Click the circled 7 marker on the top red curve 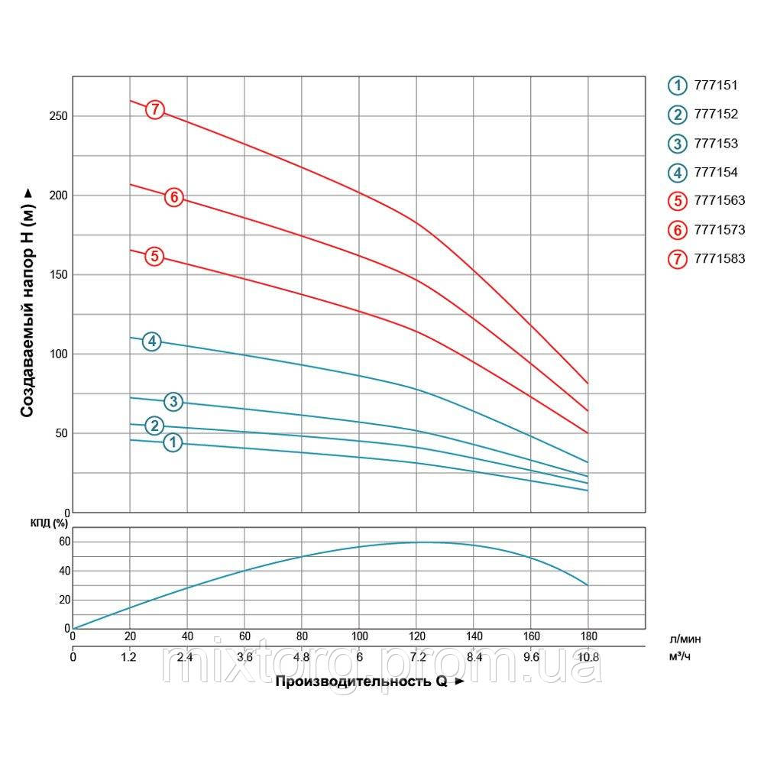pyautogui.click(x=155, y=109)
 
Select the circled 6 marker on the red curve pyautogui.click(x=174, y=197)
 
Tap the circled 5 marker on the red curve pyautogui.click(x=155, y=256)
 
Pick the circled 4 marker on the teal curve pyautogui.click(x=153, y=342)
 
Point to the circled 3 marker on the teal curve pyautogui.click(x=174, y=402)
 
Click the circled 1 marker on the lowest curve pyautogui.click(x=173, y=442)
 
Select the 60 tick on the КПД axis pyautogui.click(x=63, y=542)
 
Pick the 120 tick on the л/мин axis pyautogui.click(x=416, y=636)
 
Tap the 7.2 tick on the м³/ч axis pyautogui.click(x=416, y=656)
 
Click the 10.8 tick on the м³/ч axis pyautogui.click(x=588, y=656)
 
